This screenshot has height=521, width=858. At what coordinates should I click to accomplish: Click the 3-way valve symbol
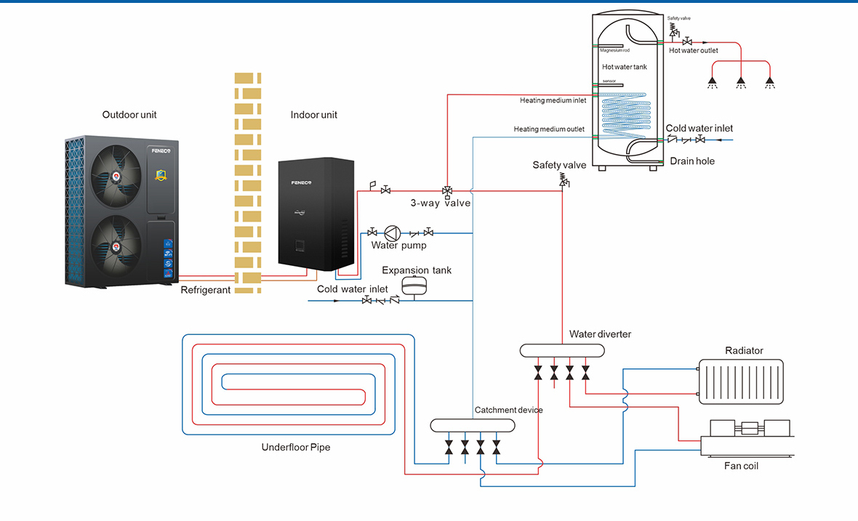(x=447, y=191)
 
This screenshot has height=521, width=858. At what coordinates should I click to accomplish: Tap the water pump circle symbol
(x=393, y=233)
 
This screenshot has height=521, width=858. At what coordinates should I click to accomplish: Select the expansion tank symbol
(x=416, y=286)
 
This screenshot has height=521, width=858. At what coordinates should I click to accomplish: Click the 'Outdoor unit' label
(x=129, y=115)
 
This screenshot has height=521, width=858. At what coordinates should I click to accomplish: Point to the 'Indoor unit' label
(x=314, y=115)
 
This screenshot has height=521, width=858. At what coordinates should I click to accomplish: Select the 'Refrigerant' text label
(x=206, y=290)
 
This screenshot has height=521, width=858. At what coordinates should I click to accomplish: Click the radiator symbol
(x=741, y=381)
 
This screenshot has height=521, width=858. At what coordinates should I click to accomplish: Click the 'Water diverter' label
(x=600, y=334)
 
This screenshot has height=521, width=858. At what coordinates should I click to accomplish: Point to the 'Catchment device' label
(x=508, y=410)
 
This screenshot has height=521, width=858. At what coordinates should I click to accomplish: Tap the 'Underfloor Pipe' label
(x=296, y=447)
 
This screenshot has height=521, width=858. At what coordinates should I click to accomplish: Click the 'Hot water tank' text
(x=624, y=67)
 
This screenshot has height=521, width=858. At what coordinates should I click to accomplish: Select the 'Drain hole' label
(x=692, y=161)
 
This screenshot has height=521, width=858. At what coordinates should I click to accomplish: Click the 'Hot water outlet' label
(x=693, y=51)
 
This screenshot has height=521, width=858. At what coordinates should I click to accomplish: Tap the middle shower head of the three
(x=740, y=82)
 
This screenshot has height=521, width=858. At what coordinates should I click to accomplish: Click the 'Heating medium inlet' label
(x=553, y=100)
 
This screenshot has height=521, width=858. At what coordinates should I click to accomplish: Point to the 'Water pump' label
(x=398, y=246)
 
